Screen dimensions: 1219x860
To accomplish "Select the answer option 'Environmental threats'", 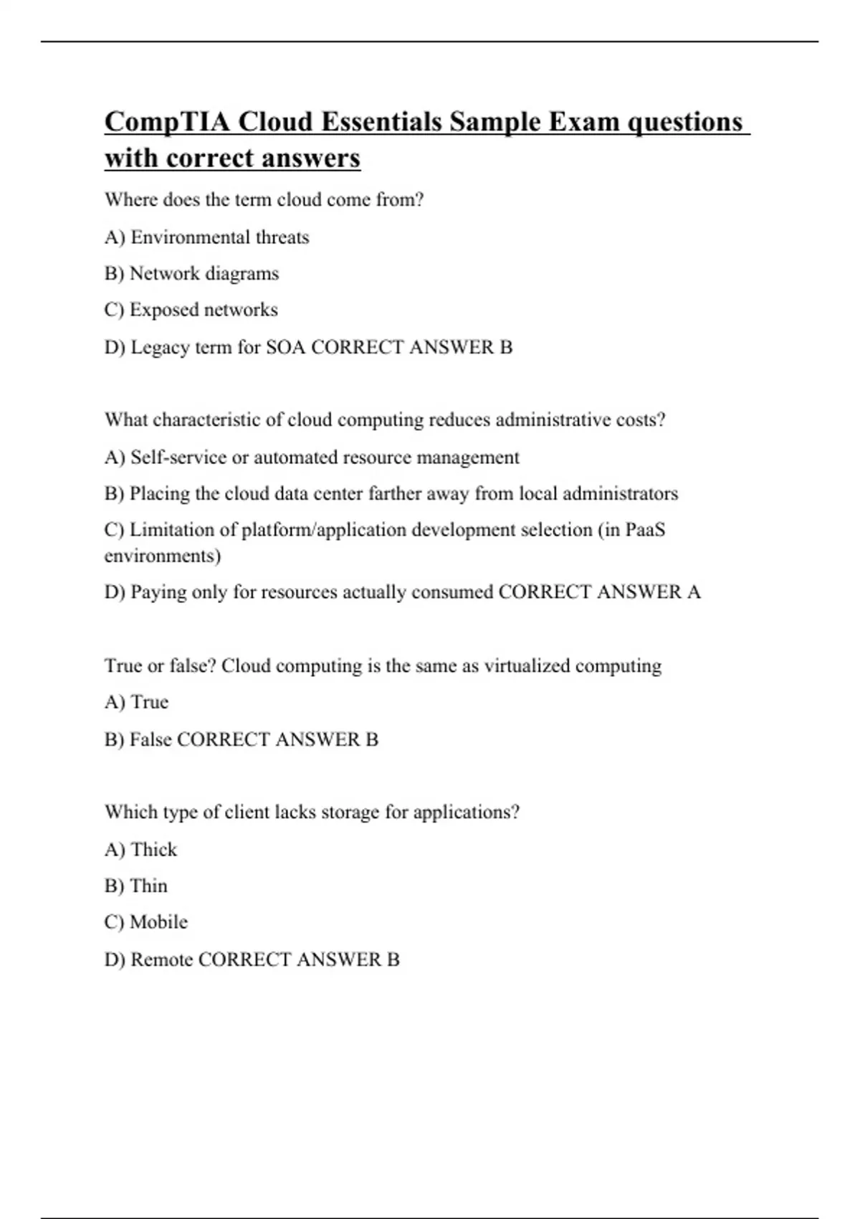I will point(219,237).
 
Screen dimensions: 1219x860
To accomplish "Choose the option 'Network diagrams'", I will point(204,274).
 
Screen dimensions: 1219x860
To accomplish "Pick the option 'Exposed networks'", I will point(204,310).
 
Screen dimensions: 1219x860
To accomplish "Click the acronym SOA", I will point(285,347).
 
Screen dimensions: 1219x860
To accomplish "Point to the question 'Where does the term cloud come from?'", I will point(264,199).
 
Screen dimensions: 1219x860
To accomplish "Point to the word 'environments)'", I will point(163,556).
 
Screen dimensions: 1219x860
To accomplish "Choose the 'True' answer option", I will point(149,702).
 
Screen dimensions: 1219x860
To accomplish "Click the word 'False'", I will point(150,739).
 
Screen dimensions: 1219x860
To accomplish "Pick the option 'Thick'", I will point(153,850).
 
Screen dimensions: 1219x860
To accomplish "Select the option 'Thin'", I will point(148,886).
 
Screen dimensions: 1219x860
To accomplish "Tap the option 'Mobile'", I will point(158,922).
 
